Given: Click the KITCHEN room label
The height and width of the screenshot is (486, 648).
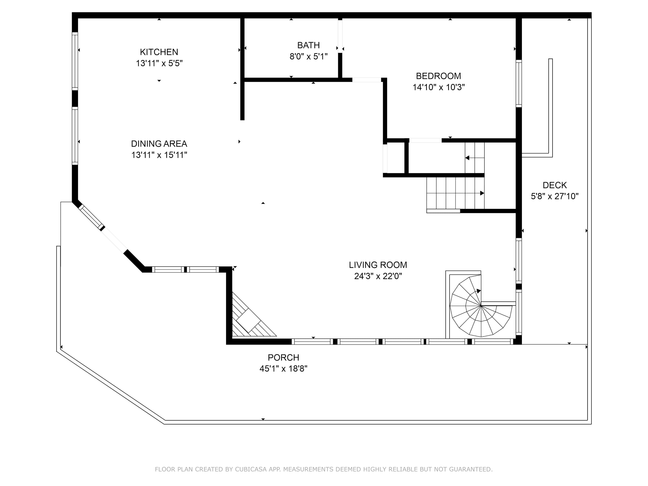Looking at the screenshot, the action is (x=159, y=52).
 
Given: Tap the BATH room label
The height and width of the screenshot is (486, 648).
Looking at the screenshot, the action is (x=308, y=45).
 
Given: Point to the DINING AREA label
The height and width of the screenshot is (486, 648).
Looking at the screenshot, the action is (x=159, y=144).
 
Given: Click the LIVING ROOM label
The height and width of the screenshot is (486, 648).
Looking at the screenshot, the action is (x=378, y=265).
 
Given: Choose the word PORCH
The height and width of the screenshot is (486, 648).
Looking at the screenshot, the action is (x=283, y=358).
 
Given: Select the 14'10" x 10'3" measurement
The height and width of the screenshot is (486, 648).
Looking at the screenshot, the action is (x=438, y=87).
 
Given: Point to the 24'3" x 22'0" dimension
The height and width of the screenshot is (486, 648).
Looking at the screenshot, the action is (x=378, y=276).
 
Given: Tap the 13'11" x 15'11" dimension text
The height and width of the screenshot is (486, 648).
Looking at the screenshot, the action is (x=159, y=155).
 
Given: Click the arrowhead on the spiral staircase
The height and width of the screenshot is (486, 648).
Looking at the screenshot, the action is (x=479, y=291).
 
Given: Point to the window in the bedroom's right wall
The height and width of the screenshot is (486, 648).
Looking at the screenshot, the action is (x=519, y=84).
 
